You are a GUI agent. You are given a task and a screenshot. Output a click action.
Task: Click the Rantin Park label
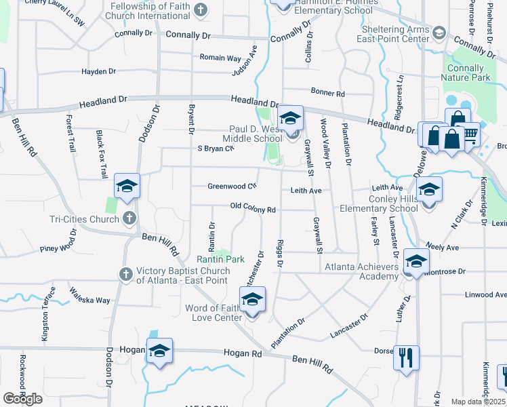tap(220, 259)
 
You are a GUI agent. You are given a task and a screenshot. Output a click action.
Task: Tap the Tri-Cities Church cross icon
tap(129, 218)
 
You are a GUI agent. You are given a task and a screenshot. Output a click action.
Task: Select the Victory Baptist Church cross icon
tap(125, 273)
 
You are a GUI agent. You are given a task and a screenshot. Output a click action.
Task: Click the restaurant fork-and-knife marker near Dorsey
tap(406, 357)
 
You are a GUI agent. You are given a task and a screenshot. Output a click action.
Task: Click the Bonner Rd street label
tap(328, 92)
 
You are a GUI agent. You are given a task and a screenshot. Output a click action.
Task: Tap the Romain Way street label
tap(220, 58)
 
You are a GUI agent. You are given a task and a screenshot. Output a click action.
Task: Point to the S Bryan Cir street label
tap(216, 148)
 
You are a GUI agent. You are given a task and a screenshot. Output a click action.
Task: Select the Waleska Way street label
tap(89, 296)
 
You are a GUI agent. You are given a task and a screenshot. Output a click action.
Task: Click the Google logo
tap(22, 398)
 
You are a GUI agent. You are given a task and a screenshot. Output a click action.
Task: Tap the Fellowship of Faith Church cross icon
tap(200, 9)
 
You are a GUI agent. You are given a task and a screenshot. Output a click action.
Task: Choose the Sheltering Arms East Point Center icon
tap(439, 32)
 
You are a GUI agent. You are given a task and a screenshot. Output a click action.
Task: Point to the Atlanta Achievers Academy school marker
tap(415, 261)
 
